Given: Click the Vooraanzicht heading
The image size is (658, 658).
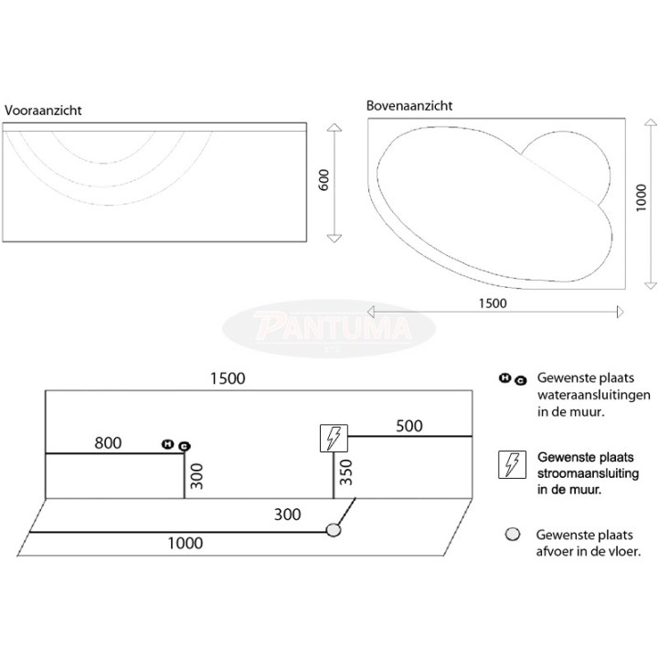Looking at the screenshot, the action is (x=43, y=111).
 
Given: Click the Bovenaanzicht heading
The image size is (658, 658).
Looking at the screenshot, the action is (x=409, y=105).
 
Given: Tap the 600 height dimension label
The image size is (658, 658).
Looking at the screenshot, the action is (x=324, y=180).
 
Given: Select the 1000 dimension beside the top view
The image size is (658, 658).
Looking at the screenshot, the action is (x=641, y=197).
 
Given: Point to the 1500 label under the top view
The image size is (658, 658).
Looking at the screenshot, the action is (x=493, y=303).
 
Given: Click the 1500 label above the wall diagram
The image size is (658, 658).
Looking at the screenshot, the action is (x=228, y=378).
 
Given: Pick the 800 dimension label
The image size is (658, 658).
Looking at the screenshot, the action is (x=108, y=442).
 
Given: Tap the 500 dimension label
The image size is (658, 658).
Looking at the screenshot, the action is (x=409, y=426).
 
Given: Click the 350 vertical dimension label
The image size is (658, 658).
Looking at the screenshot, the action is (x=345, y=472).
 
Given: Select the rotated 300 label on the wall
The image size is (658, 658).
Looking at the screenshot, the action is (x=196, y=476).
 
